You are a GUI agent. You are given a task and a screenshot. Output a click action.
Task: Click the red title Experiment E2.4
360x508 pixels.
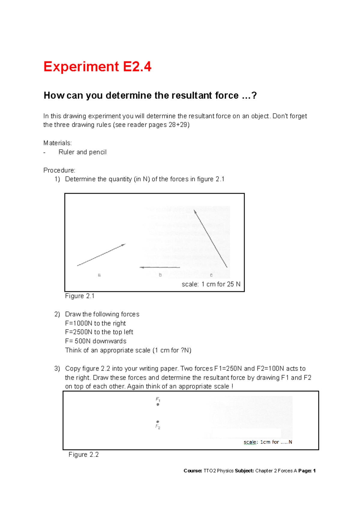click(x=97, y=67)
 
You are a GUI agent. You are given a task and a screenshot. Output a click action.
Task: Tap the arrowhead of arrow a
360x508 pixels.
click(x=123, y=245)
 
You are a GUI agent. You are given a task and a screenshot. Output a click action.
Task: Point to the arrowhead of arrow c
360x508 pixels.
click(x=195, y=212)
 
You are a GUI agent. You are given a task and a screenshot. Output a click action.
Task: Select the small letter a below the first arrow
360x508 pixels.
click(x=99, y=275)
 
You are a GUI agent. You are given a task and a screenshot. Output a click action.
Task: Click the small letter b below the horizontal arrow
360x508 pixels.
click(x=160, y=275)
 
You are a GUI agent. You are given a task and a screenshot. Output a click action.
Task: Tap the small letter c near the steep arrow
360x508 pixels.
click(x=211, y=275)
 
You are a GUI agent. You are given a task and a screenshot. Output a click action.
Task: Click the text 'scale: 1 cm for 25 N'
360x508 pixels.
click(x=211, y=284)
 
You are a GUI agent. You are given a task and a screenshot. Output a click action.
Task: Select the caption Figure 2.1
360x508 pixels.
click(x=80, y=296)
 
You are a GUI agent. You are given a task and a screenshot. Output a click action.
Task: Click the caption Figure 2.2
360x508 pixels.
click(x=83, y=454)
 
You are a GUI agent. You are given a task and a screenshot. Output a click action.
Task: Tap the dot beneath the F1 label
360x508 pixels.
click(x=158, y=405)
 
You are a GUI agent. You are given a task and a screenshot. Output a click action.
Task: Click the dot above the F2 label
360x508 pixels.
click(x=158, y=422)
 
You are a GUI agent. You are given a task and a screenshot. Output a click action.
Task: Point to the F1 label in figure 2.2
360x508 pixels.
click(x=158, y=399)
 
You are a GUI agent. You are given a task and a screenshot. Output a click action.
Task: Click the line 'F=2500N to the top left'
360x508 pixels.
click(x=99, y=332)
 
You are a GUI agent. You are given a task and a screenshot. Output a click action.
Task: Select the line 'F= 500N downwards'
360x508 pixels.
click(x=96, y=341)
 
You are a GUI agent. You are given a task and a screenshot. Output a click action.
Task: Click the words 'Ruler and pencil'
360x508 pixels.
click(x=82, y=152)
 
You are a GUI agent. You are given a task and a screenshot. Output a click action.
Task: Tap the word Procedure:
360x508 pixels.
click(x=59, y=170)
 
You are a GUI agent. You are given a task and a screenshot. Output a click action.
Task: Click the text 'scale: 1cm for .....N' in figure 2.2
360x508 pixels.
click(x=268, y=442)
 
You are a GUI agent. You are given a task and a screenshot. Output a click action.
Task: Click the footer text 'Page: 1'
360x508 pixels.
click(x=307, y=471)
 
